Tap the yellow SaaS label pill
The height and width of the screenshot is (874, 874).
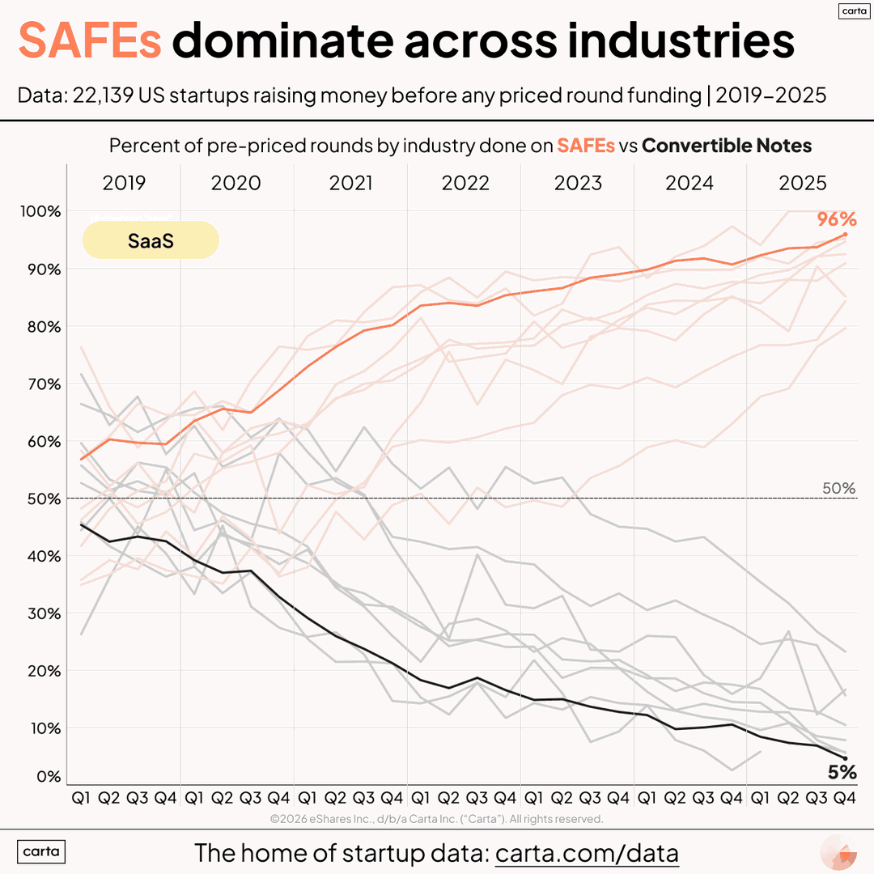point(151,240)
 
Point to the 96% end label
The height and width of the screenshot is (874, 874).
point(837,220)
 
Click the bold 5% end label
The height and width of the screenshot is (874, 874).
point(842,772)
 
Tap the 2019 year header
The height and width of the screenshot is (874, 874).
point(124,183)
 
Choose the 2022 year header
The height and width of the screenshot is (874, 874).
point(465,183)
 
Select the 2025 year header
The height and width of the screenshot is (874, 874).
point(803,183)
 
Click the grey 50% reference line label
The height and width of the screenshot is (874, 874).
point(838,488)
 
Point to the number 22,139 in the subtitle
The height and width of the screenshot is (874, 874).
point(104,95)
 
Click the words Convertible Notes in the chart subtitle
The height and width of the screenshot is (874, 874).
point(727,146)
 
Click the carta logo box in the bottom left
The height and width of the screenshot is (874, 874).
point(41,852)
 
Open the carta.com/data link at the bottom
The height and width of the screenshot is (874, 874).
point(587,853)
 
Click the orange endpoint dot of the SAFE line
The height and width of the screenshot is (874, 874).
point(845,235)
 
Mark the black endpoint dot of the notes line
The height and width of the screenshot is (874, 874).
point(845,758)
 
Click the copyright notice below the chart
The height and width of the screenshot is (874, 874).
point(437,819)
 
